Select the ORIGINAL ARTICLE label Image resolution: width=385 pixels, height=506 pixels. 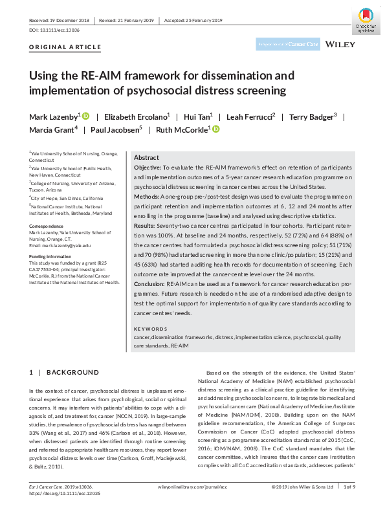tap(65, 47)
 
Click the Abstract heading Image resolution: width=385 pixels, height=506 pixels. tap(146, 158)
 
